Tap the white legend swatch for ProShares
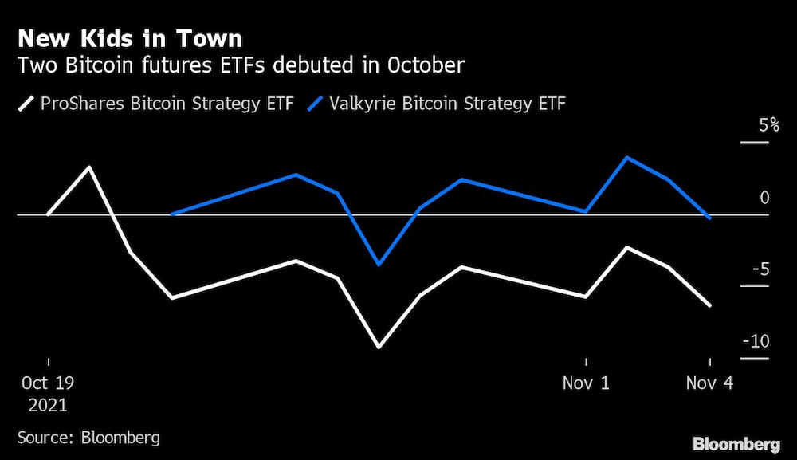click(x=27, y=104)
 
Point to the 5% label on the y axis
click(x=758, y=125)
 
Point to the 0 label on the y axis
click(x=764, y=198)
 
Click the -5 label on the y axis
click(x=759, y=269)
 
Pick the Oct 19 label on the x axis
click(x=49, y=383)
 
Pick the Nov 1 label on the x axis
click(x=586, y=383)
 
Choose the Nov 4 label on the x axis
click(x=709, y=383)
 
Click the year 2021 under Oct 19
click(x=49, y=405)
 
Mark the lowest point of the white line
click(x=379, y=348)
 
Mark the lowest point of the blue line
click(x=379, y=264)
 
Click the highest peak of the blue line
click(x=627, y=157)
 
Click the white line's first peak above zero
click(x=89, y=167)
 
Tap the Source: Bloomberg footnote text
click(x=88, y=438)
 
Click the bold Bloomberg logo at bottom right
click(x=736, y=444)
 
